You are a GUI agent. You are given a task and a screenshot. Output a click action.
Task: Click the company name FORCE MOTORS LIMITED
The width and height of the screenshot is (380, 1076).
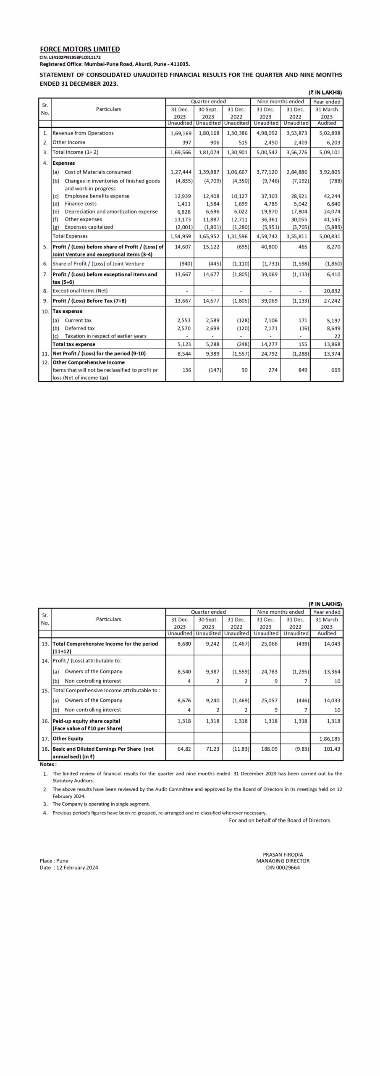tap(80, 49)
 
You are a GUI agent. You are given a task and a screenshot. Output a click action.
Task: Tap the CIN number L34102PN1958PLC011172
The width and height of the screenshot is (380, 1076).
tap(70, 57)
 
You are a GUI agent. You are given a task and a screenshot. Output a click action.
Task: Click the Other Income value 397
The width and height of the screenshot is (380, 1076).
tap(184, 142)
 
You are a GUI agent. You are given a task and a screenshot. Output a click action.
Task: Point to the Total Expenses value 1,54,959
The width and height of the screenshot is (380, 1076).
tap(181, 236)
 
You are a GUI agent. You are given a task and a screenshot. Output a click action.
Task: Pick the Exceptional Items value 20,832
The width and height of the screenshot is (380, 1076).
tap(332, 291)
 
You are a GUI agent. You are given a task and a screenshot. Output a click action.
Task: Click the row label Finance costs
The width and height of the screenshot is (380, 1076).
tap(80, 204)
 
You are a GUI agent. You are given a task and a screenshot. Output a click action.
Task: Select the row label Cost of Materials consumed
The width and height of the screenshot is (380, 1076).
tap(97, 172)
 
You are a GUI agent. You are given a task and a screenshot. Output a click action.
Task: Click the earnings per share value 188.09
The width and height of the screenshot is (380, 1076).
tap(269, 749)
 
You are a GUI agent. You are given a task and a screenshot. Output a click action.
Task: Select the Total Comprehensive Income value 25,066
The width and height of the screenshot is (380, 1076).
tap(269, 644)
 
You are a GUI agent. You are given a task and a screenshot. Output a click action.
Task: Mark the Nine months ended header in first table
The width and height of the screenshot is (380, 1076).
tap(280, 102)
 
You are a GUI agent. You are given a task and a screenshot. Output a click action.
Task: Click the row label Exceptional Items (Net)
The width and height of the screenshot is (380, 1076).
tap(80, 291)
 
